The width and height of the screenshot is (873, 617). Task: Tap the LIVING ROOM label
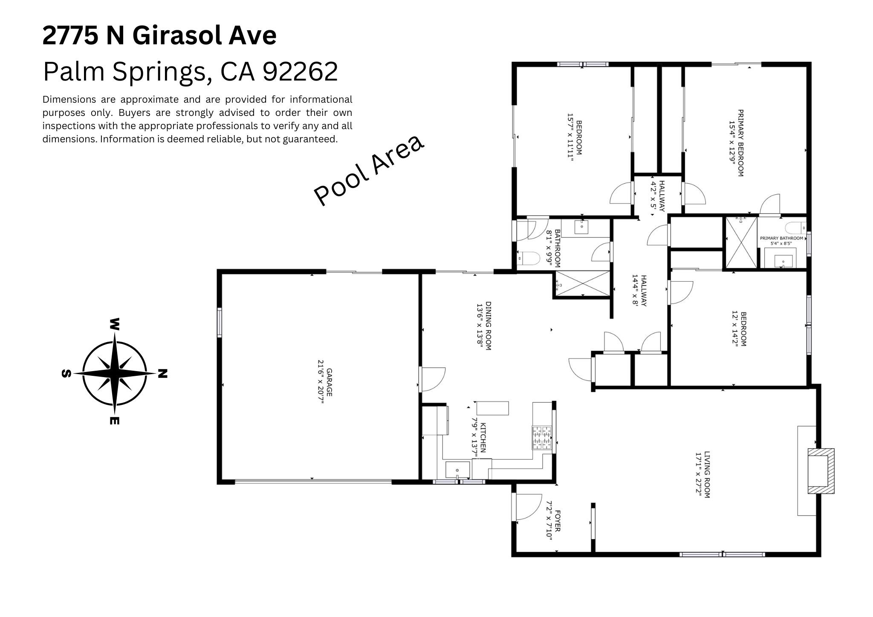[x=703, y=475]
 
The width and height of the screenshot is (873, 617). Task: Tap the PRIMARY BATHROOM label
[x=781, y=238]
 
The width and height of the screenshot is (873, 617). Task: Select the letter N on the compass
[x=162, y=374]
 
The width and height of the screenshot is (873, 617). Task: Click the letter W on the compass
[x=114, y=324]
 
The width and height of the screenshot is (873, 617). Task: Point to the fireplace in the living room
[x=821, y=471]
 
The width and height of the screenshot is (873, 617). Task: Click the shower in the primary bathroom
[x=742, y=242]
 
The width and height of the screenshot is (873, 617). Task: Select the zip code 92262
[x=300, y=72]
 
